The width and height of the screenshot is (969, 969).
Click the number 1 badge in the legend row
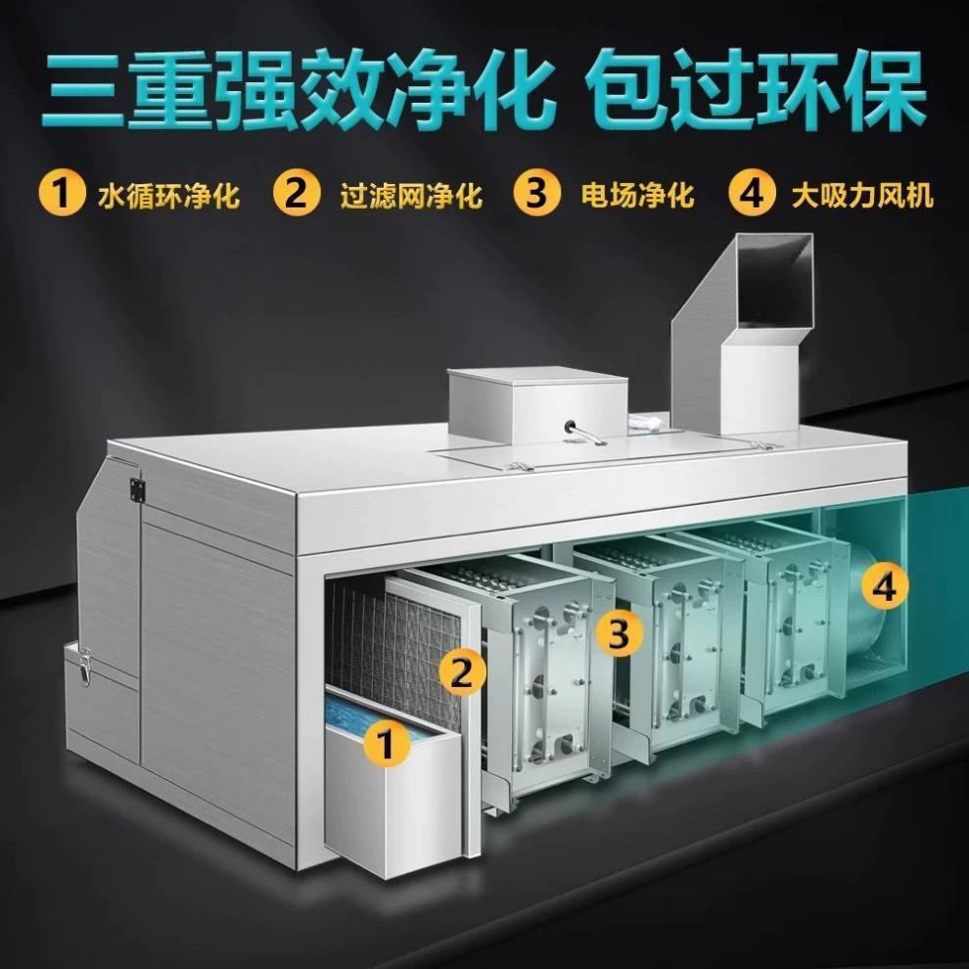(61, 193)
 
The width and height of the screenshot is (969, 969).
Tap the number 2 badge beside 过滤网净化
(297, 193)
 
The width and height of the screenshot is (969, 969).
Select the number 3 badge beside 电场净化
(537, 193)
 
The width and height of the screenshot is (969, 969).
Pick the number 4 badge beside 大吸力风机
(753, 193)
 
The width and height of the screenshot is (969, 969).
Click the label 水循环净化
(168, 194)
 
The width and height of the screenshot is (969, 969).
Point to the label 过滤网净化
(411, 194)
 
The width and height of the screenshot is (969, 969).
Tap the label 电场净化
(637, 194)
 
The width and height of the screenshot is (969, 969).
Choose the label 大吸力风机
(862, 194)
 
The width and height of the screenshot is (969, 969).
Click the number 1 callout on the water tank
(387, 744)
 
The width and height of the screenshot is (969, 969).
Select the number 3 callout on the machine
(619, 634)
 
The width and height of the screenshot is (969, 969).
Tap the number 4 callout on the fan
(885, 586)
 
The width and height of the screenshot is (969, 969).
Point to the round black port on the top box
(569, 426)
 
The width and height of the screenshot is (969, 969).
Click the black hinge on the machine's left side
(136, 490)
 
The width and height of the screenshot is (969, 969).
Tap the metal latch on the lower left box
(84, 665)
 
